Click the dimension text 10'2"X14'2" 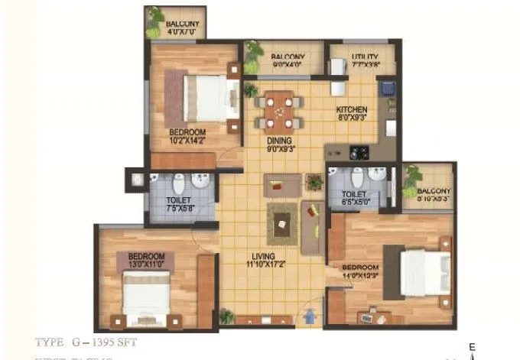coord(187,141)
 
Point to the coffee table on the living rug coord(281,222)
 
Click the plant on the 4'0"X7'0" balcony coord(155,16)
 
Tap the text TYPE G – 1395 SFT coord(86,341)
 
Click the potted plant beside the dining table coord(250,89)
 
